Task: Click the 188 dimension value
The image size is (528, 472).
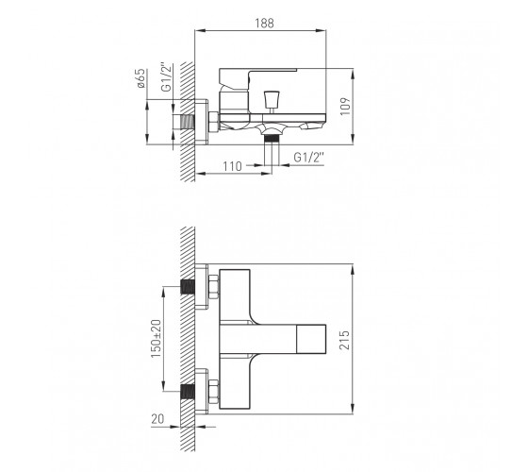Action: pyautogui.click(x=264, y=24)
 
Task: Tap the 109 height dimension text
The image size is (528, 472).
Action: pyautogui.click(x=345, y=107)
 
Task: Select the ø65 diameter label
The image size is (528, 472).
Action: pyautogui.click(x=141, y=78)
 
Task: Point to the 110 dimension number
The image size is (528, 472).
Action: pyautogui.click(x=232, y=166)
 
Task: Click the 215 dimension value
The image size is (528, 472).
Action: pyautogui.click(x=345, y=340)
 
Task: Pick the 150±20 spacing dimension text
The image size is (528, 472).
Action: pyautogui.click(x=156, y=339)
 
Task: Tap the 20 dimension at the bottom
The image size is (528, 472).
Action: pyautogui.click(x=157, y=419)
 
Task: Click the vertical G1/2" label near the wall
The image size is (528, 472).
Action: pyautogui.click(x=167, y=77)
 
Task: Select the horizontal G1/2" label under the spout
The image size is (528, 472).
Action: pyautogui.click(x=309, y=157)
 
